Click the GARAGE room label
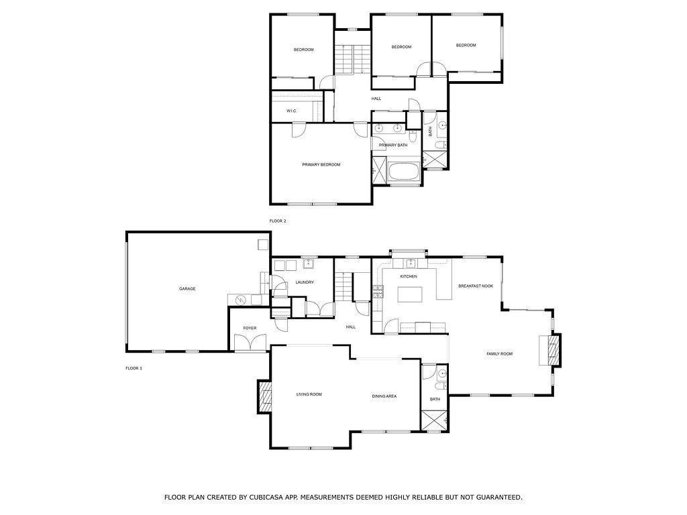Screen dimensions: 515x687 [x=187, y=289]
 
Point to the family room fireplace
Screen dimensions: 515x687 [x=553, y=350]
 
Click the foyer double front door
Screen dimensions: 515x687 [x=249, y=343]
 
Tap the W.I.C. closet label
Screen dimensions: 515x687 [x=292, y=111]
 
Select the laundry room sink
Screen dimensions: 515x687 [x=309, y=264]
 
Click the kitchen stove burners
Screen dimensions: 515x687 [x=378, y=291]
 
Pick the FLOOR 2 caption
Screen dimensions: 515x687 [x=278, y=221]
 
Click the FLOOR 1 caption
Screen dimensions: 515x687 [x=134, y=368]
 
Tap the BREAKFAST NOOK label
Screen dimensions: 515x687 [x=476, y=286]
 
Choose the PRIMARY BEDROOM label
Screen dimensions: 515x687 [x=321, y=165]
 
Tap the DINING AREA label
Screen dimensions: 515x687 [x=384, y=396]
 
